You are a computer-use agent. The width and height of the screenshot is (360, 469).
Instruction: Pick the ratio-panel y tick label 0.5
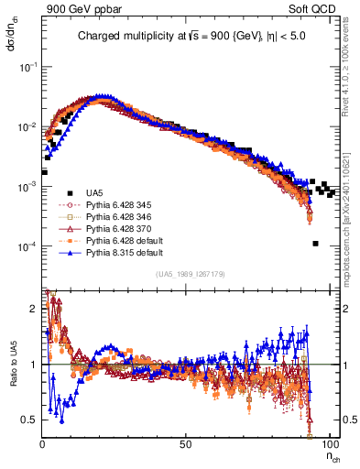click(30, 419)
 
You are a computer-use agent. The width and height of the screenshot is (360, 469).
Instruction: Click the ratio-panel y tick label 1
click(34, 364)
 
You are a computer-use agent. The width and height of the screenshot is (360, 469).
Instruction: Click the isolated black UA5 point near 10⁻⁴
click(315, 244)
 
